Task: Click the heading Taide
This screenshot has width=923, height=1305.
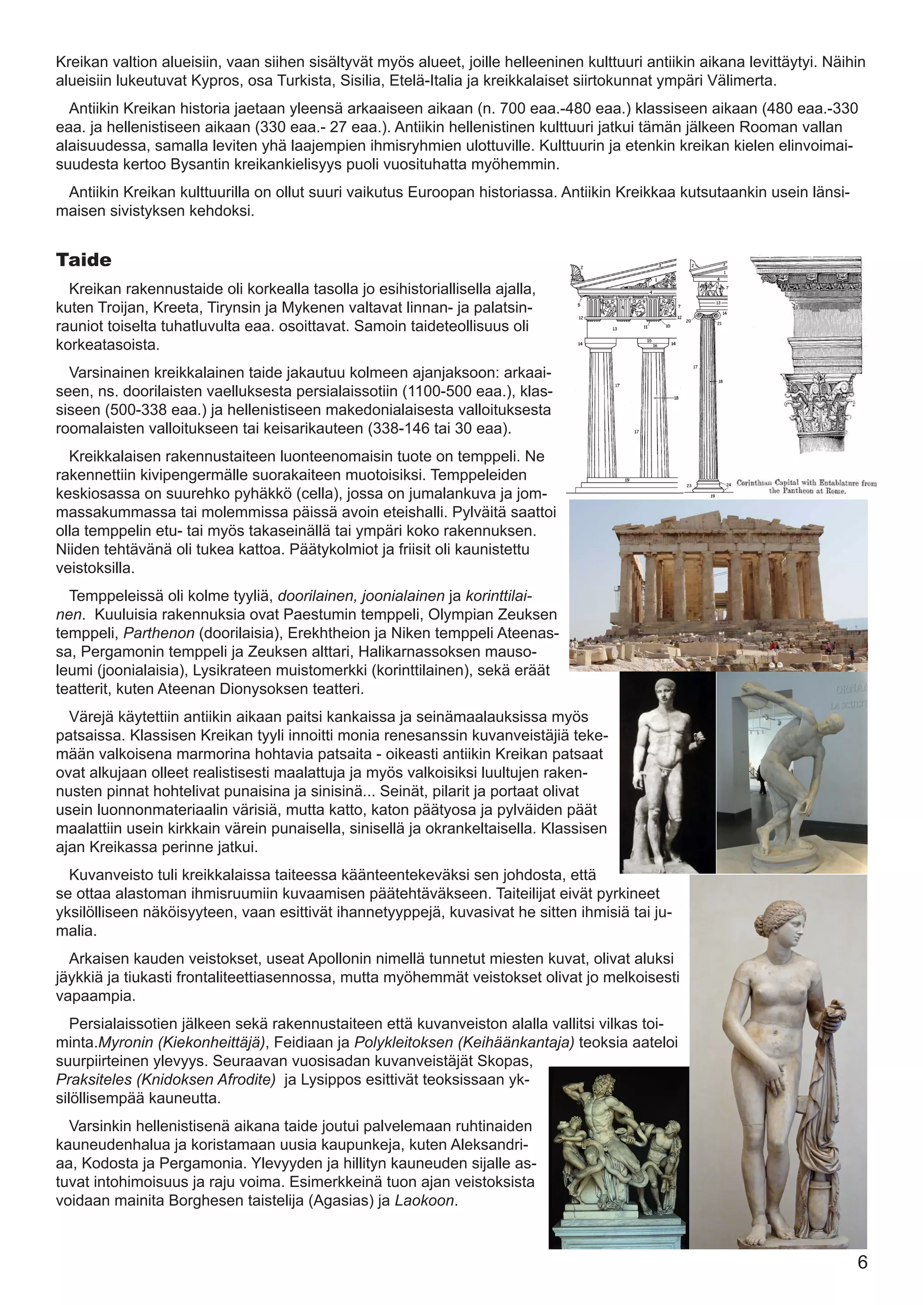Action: pyautogui.click(x=83, y=260)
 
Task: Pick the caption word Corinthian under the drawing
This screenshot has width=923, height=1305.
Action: pyautogui.click(x=759, y=483)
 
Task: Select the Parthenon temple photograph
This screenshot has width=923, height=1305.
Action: pyautogui.click(x=718, y=585)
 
